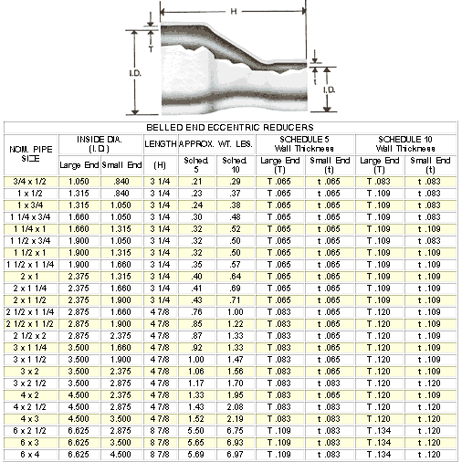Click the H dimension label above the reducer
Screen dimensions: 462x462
point(234,12)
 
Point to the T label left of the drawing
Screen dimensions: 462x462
point(151,48)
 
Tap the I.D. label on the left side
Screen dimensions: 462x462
point(135,73)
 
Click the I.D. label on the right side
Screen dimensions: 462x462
point(330,89)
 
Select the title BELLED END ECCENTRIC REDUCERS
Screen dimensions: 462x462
point(230,127)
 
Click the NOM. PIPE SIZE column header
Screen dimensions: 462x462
point(31,154)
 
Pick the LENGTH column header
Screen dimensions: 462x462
point(161,144)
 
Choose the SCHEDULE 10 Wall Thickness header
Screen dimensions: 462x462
point(405,144)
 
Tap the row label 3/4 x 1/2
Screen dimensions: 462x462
point(29,182)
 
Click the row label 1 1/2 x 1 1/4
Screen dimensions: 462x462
point(30,265)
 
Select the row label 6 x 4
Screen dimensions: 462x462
point(30,455)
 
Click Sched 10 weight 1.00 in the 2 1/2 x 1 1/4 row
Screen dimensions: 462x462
point(236,312)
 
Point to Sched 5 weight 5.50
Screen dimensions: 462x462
point(196,431)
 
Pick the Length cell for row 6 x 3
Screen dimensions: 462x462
point(160,443)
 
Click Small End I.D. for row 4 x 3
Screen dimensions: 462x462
point(121,419)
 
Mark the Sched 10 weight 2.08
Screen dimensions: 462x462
point(236,407)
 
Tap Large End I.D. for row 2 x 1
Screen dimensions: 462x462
point(79,277)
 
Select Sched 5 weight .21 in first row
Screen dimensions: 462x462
point(196,182)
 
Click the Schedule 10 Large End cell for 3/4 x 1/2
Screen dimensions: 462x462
point(379,182)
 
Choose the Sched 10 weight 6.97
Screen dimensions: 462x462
point(236,455)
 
